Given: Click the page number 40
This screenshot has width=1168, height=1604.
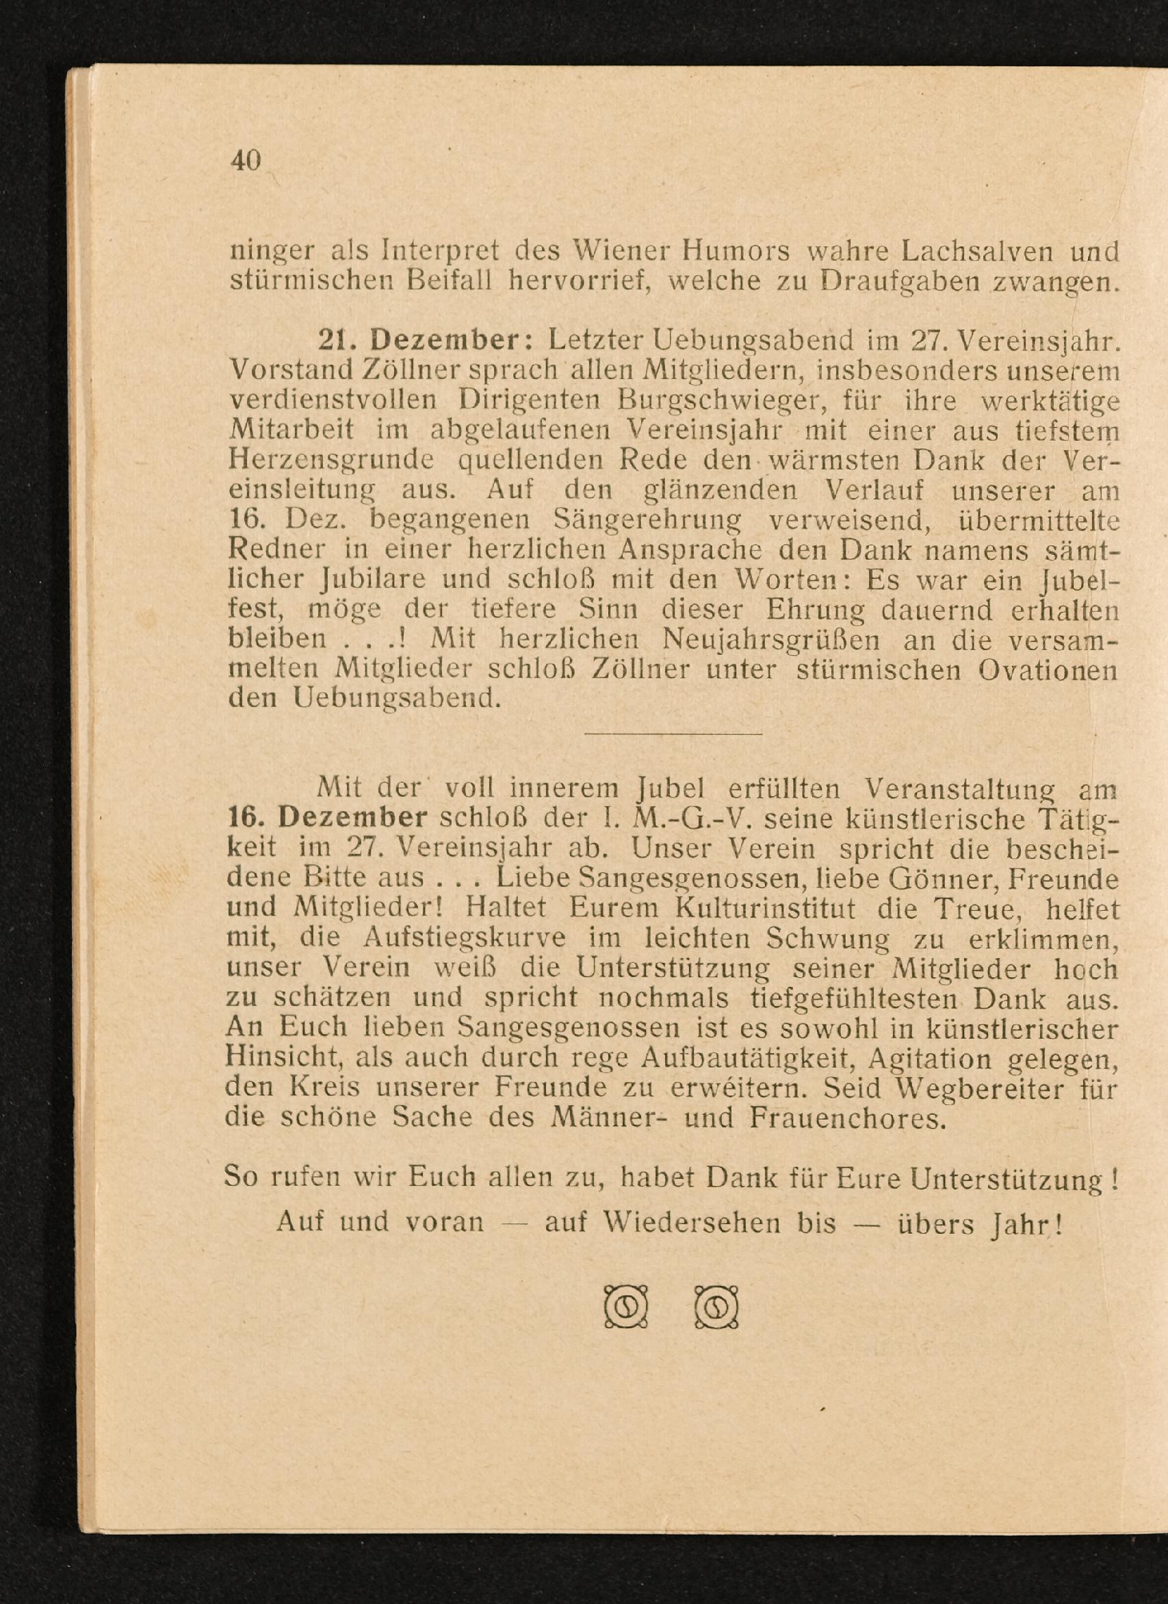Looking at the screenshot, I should coord(246,161).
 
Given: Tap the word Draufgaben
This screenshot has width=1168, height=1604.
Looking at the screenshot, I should coord(897,283).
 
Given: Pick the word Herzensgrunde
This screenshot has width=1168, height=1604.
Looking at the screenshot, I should coord(333,461).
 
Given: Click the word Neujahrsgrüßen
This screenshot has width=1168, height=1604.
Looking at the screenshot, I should coord(770,639).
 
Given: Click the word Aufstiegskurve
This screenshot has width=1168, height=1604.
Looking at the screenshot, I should coord(465,938).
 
